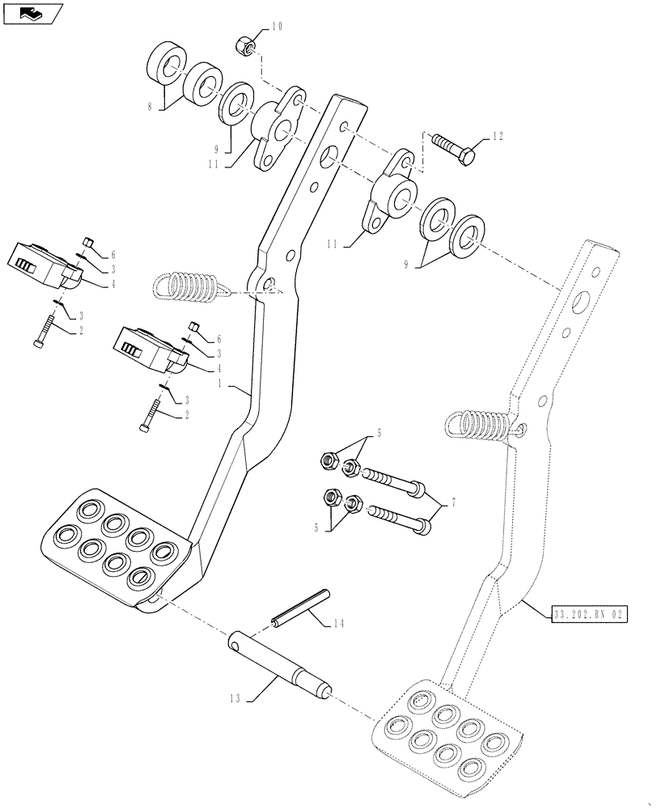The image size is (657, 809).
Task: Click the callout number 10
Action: coord(277,27)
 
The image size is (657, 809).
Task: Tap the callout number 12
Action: coord(497,137)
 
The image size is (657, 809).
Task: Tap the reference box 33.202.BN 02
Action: coord(588,616)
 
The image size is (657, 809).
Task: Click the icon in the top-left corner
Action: coord(33,14)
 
